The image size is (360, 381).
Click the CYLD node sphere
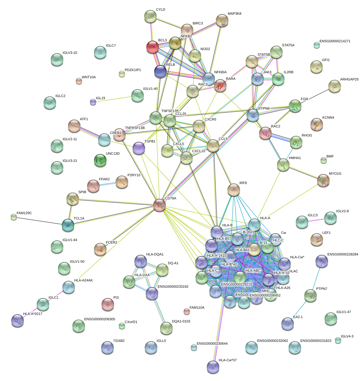[x=150, y=16]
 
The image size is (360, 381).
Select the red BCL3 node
[x=153, y=47]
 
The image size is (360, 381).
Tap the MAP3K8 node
[x=222, y=20]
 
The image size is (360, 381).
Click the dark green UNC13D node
[x=100, y=160]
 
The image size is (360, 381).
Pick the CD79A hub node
[x=159, y=205]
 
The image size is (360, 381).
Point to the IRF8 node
[x=233, y=189]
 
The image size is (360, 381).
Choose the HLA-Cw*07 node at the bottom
[x=213, y=367]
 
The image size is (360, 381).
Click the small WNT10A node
[x=79, y=81]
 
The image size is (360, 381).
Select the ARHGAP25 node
[x=334, y=86]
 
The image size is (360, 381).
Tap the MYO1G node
[x=323, y=180]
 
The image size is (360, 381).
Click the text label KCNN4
[x=328, y=118]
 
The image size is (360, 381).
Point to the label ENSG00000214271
[x=335, y=41]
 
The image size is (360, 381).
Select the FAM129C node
[x=13, y=217]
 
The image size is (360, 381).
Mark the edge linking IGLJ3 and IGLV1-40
[x=114, y=99]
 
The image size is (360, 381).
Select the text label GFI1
[x=326, y=60]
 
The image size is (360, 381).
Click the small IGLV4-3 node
[x=338, y=340]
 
